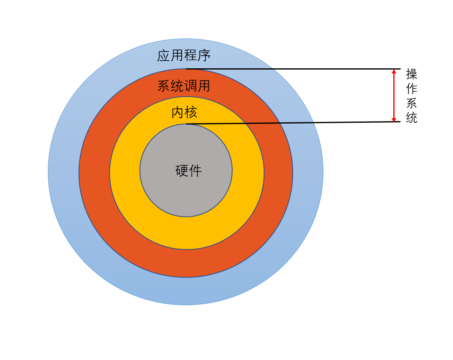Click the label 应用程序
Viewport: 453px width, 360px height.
tap(184, 56)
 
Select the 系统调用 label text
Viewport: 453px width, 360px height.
tap(184, 86)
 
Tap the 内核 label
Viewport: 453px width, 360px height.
tap(184, 112)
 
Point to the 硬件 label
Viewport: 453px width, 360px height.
tap(188, 171)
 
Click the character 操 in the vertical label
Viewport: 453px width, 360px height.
tap(411, 74)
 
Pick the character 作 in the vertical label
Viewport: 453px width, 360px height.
tap(411, 89)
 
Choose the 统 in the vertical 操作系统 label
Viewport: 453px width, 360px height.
tap(411, 118)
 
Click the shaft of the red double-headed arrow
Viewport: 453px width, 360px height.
tap(394, 95)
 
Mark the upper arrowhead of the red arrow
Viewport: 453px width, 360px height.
tap(394, 72)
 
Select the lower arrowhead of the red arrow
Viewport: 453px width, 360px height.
tap(394, 119)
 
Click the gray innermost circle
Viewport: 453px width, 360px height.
tap(186, 192)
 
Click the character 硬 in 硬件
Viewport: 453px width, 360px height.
tap(182, 171)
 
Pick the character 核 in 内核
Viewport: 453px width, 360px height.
tap(191, 112)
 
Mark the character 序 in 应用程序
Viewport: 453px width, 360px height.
tap(204, 56)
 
